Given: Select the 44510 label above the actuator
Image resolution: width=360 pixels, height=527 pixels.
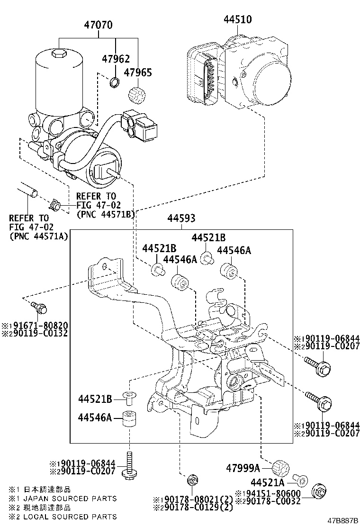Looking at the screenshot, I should tap(237, 19).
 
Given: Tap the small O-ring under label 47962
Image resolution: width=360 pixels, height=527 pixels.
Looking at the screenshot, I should tap(114, 84).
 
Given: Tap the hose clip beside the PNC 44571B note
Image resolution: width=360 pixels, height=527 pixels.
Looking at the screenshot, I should tap(56, 205).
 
